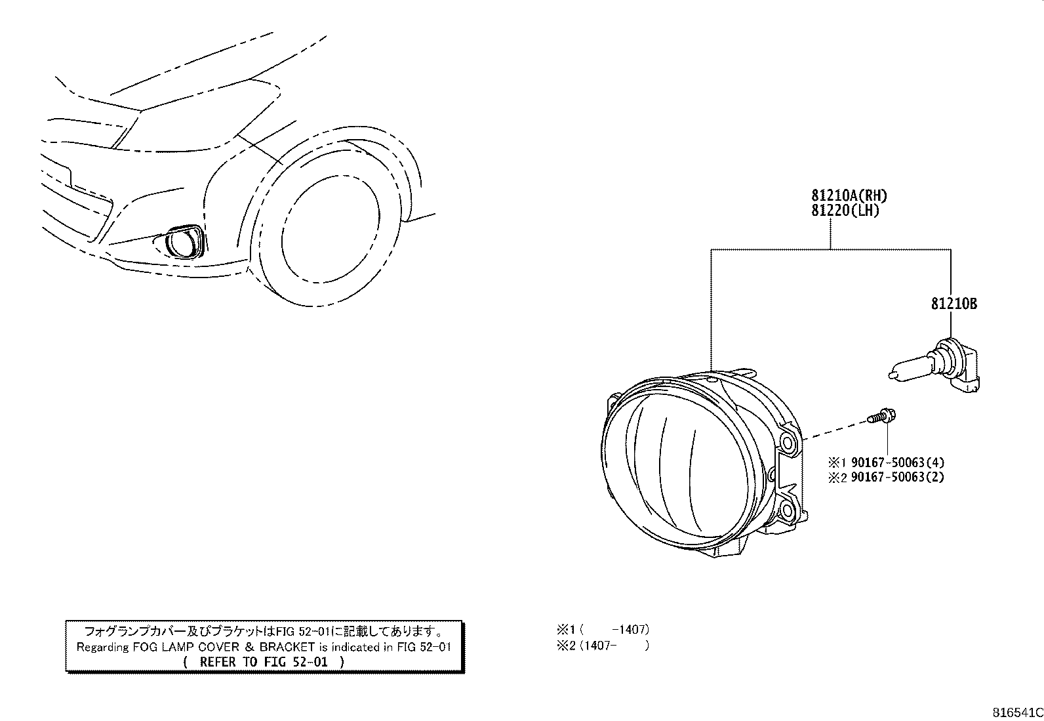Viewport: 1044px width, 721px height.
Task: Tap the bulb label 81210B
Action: tap(954, 304)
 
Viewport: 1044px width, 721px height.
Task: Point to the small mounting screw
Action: tap(883, 416)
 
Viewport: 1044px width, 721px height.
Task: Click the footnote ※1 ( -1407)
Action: tap(603, 630)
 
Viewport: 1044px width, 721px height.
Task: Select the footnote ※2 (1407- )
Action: tap(603, 646)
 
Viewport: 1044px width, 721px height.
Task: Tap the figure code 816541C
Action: tap(1016, 712)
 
